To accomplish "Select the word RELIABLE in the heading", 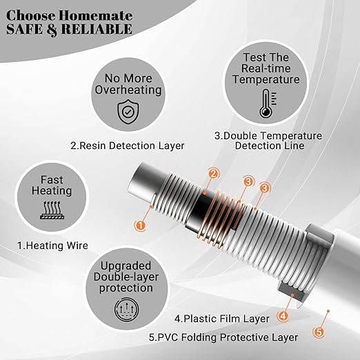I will [97, 29].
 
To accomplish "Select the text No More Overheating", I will [129, 83].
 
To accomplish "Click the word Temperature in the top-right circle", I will [265, 79].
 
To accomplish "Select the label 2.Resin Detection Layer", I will [128, 146].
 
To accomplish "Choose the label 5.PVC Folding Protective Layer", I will [223, 337].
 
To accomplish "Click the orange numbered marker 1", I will [141, 225].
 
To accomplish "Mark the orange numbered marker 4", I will [282, 316].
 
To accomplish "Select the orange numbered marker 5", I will [319, 332].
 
